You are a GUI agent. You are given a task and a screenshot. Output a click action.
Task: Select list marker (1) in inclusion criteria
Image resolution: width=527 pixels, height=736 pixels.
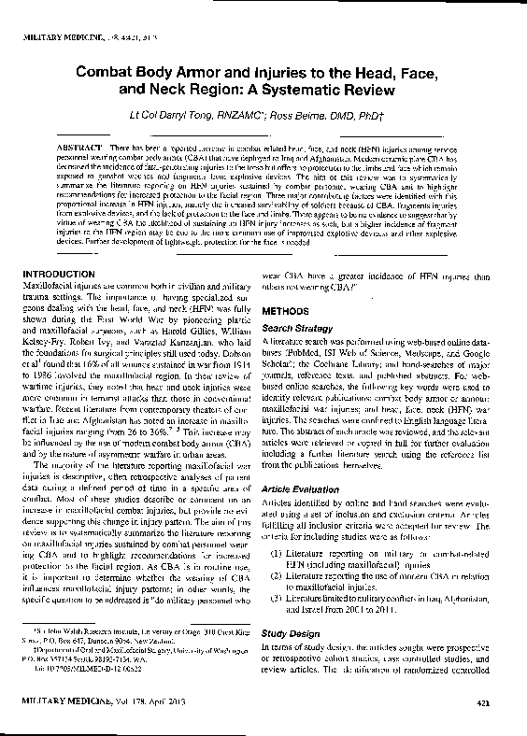point(275,557)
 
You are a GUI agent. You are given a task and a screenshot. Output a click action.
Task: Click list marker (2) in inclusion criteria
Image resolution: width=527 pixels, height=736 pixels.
point(275,579)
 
